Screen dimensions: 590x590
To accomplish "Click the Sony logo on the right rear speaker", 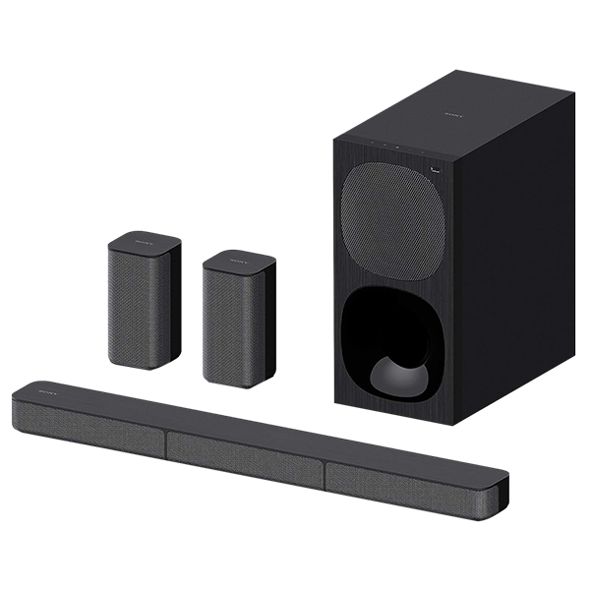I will (237, 262).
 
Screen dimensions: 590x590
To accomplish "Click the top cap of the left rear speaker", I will (146, 242).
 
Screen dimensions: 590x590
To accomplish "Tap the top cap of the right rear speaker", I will (240, 262).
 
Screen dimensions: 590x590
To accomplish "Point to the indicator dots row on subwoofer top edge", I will (385, 147).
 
